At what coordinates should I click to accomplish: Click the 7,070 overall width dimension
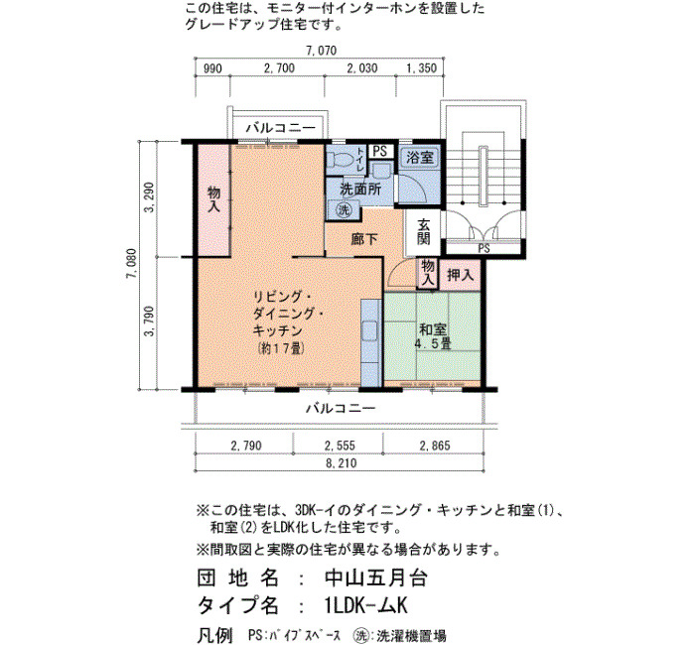(321, 51)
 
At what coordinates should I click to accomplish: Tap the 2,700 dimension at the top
(279, 68)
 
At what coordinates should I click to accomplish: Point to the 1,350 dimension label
(422, 68)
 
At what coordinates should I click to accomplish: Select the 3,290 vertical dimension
(150, 197)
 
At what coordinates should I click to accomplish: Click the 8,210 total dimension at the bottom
(341, 463)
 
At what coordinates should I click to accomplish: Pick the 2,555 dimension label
(340, 446)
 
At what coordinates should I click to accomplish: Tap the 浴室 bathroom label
(420, 158)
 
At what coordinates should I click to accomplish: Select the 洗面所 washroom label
(360, 190)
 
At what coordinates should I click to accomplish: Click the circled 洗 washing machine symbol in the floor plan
(344, 209)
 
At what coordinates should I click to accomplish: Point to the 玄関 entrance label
(424, 231)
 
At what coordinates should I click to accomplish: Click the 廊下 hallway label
(364, 239)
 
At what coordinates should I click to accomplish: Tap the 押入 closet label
(460, 275)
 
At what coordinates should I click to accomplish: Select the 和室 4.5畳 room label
(433, 336)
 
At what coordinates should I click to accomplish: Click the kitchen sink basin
(369, 330)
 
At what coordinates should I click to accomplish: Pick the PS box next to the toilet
(380, 152)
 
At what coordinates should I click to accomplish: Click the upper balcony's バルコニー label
(281, 128)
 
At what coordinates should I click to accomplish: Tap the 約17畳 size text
(281, 348)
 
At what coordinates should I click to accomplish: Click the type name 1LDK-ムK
(365, 605)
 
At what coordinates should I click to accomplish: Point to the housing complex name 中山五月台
(376, 579)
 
